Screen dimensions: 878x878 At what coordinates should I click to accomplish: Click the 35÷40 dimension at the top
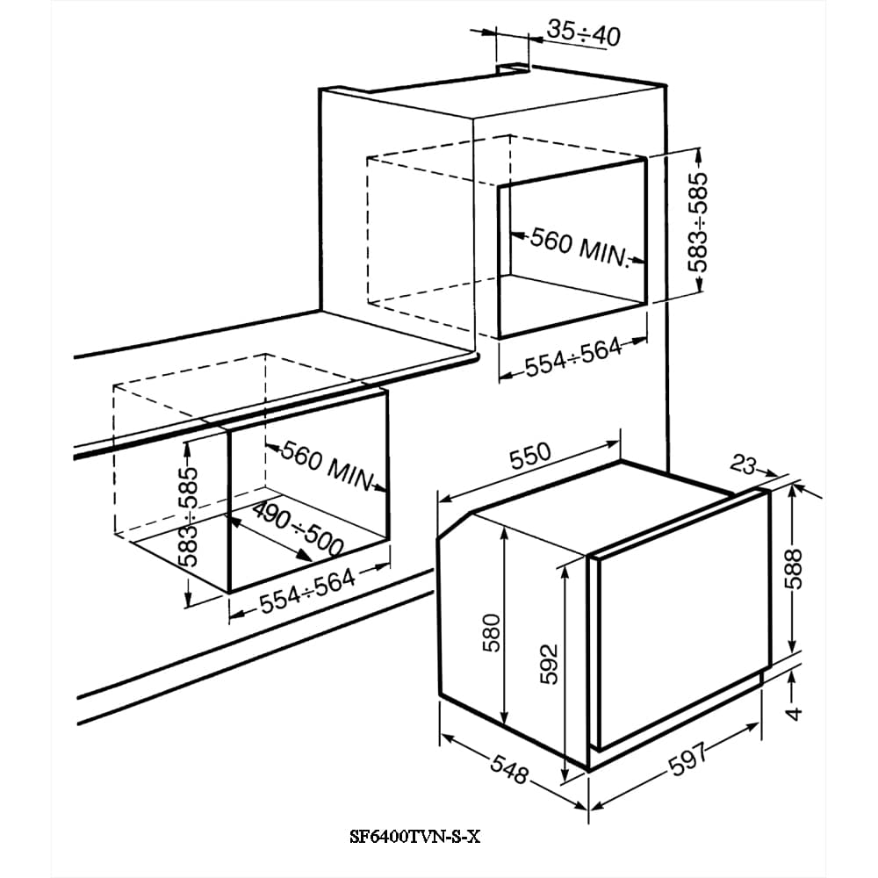(583, 32)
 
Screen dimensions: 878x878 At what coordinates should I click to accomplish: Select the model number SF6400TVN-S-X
(415, 837)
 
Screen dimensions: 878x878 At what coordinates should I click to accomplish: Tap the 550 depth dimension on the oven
(529, 457)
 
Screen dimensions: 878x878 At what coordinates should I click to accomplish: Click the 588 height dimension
(793, 569)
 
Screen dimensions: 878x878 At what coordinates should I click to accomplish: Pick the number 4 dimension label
(793, 713)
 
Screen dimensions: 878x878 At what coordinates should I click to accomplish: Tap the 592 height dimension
(550, 664)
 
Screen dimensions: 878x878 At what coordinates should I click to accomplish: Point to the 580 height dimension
(491, 633)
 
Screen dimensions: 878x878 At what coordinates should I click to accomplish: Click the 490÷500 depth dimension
(298, 528)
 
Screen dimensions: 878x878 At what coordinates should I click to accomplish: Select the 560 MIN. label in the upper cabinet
(579, 247)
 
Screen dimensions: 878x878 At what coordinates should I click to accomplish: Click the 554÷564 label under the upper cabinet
(572, 357)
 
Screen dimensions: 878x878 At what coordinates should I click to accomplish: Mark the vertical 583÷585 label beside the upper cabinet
(698, 222)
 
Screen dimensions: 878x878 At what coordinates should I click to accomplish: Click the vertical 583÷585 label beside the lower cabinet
(188, 517)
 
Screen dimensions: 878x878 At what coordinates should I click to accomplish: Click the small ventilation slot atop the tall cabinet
(513, 68)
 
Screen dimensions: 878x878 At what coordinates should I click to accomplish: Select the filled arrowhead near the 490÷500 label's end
(304, 554)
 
